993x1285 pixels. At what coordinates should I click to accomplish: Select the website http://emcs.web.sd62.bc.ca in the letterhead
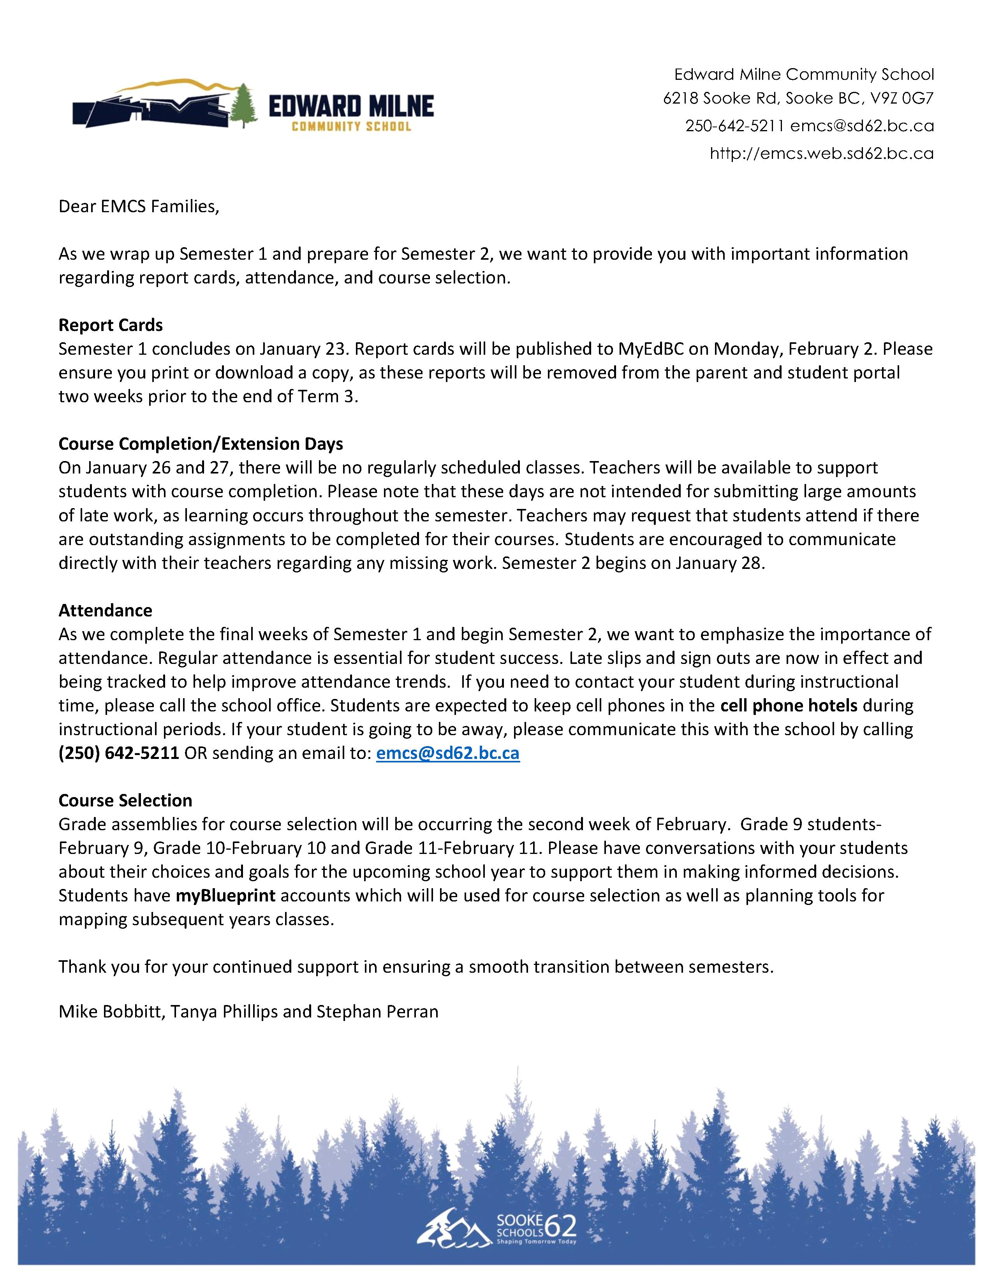[821, 153]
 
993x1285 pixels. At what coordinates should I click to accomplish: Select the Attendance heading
[105, 610]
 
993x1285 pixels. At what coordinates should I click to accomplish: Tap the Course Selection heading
[125, 800]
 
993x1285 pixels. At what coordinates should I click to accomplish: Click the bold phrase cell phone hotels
[788, 706]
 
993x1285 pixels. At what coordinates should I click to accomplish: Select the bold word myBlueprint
[226, 896]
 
